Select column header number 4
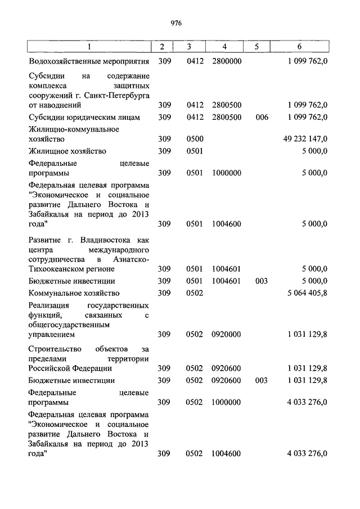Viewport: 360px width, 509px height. click(x=224, y=46)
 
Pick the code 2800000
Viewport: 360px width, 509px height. click(x=227, y=61)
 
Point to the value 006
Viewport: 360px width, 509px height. click(x=261, y=118)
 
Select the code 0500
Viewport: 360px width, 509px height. click(x=194, y=139)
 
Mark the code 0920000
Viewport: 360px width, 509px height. click(x=227, y=335)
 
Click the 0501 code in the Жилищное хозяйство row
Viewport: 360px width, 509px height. click(x=194, y=151)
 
